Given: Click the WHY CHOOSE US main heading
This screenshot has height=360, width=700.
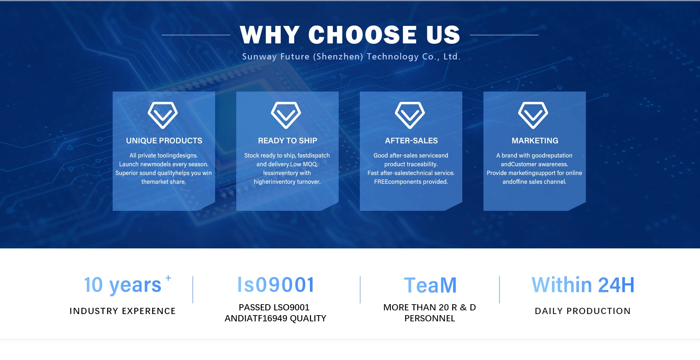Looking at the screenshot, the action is pos(350,35).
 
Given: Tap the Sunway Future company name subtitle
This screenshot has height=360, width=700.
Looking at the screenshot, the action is pos(351,57).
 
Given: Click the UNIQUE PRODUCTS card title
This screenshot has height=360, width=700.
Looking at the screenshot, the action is pos(164,141).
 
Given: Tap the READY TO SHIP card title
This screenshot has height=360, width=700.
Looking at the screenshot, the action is pos(288,141).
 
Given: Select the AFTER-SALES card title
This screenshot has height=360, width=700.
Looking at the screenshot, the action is pos(411,141).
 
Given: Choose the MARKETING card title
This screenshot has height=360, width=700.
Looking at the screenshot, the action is pos(535,141).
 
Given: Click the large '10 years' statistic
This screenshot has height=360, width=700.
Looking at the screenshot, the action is pos(122,285).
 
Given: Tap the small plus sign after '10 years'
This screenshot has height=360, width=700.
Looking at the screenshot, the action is pos(168,278).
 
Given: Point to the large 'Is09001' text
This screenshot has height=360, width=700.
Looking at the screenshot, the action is pos(276,284).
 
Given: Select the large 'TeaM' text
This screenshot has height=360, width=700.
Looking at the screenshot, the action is pos(430,285).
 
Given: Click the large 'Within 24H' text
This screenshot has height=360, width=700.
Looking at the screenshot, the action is pos(583,285).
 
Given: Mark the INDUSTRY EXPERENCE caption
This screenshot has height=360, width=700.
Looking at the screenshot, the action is pos(122,311).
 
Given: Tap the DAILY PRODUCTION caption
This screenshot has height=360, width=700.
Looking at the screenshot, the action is pos(583,311).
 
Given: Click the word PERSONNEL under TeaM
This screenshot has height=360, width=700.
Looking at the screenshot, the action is pos(430,318).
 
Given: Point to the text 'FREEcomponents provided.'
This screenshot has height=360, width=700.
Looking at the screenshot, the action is pos(411,182).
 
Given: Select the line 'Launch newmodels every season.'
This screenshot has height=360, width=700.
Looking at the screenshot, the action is pos(164,164).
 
